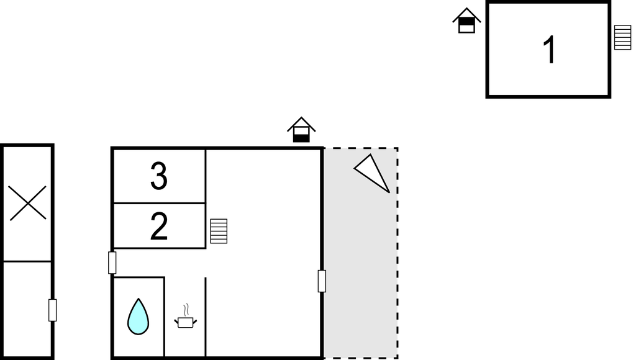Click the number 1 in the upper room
(550, 50)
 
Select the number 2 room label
(158, 227)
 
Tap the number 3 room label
(158, 176)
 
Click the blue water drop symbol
(139, 317)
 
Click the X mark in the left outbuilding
(28, 203)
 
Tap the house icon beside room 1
(466, 20)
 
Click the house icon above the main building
(301, 130)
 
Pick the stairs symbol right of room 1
(622, 37)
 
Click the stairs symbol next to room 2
(219, 231)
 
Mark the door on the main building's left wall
(112, 263)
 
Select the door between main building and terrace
(322, 281)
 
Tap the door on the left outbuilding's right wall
(52, 310)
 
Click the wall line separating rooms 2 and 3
(159, 203)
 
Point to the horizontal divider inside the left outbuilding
(27, 261)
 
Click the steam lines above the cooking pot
(186, 310)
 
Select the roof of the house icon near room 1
(466, 15)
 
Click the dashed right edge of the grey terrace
(397, 253)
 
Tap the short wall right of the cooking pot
(206, 317)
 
